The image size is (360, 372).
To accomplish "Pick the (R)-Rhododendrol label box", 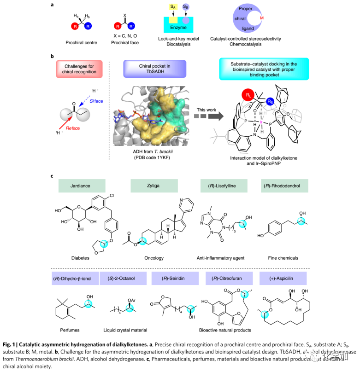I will click(x=295, y=186).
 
